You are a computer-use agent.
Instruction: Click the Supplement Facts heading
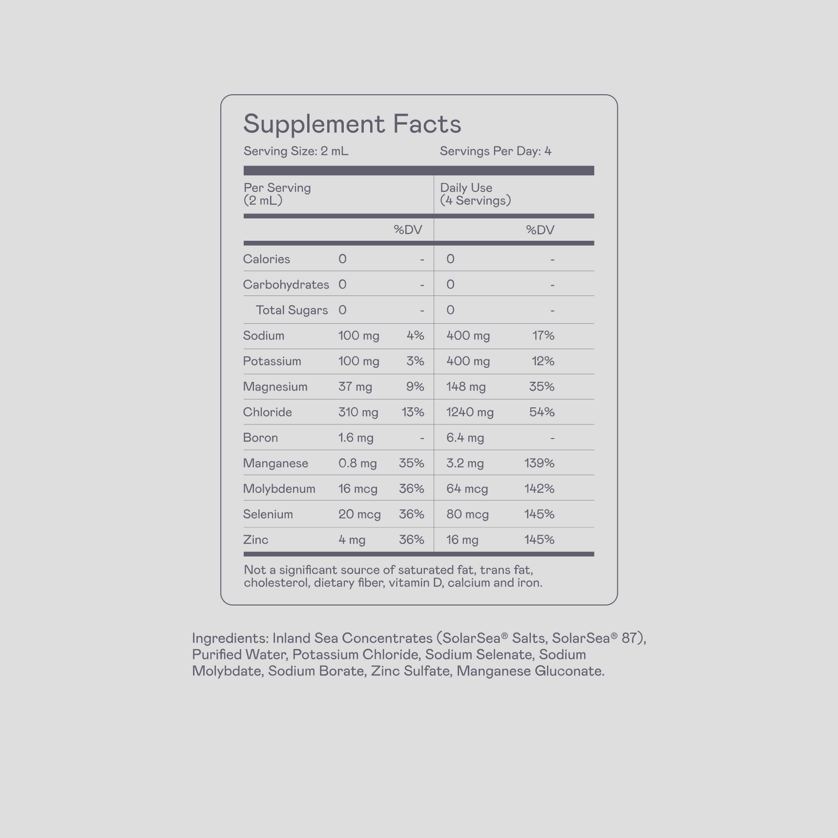(352, 124)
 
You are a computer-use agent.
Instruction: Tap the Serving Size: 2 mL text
(296, 151)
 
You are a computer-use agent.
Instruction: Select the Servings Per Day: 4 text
(495, 151)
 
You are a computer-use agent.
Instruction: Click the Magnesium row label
(275, 387)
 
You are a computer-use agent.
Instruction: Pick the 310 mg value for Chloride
(358, 412)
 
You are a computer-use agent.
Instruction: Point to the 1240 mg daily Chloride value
(470, 412)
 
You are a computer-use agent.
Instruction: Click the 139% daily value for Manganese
(539, 463)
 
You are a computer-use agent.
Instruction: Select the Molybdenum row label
(279, 489)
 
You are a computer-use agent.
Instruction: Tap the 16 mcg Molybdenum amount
(358, 489)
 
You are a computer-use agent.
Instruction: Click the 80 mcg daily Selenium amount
(467, 514)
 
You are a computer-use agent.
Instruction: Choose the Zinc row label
(256, 540)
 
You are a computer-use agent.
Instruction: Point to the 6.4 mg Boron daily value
(465, 438)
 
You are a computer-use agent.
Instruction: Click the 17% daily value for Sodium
(543, 336)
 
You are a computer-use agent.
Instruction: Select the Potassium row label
(272, 361)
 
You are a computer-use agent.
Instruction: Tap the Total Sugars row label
(292, 310)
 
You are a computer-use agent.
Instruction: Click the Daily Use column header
(466, 188)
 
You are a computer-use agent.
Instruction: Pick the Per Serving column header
(277, 188)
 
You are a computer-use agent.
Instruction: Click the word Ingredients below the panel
(230, 639)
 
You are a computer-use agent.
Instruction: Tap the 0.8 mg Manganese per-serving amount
(357, 463)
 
